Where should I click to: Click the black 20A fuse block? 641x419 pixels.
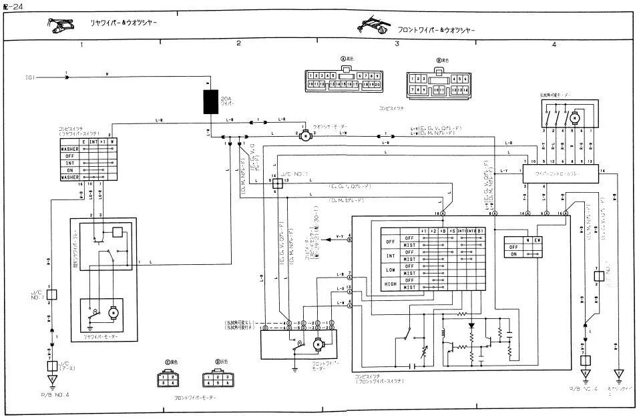pyautogui.click(x=212, y=103)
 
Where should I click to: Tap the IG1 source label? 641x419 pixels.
pyautogui.click(x=30, y=77)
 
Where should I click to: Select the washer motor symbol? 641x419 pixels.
pyautogui.click(x=304, y=135)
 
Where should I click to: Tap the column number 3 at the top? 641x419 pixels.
pyautogui.click(x=397, y=44)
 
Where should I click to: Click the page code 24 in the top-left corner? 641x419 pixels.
pyautogui.click(x=10, y=7)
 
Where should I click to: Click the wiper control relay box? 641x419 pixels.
pyautogui.click(x=560, y=171)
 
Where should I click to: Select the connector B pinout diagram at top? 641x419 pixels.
pyautogui.click(x=439, y=83)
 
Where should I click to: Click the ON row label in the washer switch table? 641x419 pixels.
pyautogui.click(x=513, y=254)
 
